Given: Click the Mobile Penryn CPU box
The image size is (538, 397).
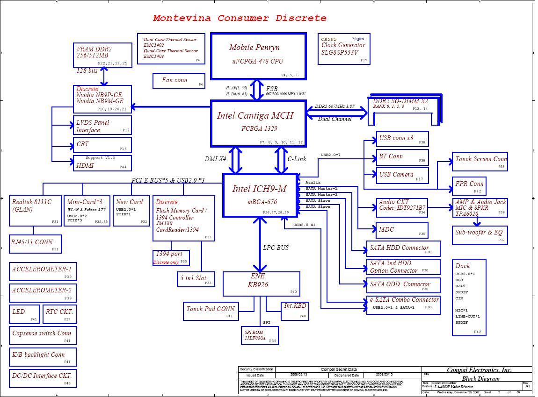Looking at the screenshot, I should [258, 56].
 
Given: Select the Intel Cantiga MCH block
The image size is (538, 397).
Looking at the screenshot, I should [259, 123].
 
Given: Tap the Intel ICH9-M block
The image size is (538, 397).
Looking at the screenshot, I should [260, 195].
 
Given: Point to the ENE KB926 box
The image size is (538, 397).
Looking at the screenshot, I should [261, 284].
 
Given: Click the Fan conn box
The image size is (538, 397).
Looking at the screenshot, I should [178, 81].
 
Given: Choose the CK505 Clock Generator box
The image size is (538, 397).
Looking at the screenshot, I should [343, 49].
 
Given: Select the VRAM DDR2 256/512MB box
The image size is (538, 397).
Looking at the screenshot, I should [102, 55].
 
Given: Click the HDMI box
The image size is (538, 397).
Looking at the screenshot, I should [102, 163].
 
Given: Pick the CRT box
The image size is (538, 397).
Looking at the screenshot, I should [102, 145].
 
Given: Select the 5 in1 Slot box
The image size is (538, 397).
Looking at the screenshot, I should [195, 279].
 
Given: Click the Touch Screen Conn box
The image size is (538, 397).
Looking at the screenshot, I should [479, 162].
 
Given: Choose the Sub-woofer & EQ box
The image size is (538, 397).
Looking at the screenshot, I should [479, 235].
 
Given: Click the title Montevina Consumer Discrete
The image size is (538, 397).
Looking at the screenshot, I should [240, 18].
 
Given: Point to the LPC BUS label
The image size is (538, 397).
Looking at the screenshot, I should [276, 248].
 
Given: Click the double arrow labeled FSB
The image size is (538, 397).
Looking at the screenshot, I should [257, 90].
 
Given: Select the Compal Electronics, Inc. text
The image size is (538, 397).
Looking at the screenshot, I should [479, 370].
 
